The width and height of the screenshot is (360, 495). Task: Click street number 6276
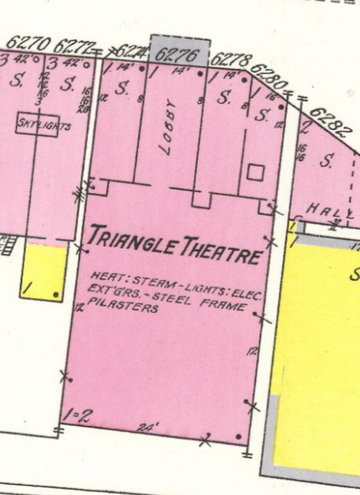pyautogui.click(x=175, y=56)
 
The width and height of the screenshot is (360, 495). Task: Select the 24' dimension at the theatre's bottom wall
pyautogui.click(x=149, y=427)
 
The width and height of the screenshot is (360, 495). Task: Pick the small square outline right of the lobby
pyautogui.click(x=256, y=172)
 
